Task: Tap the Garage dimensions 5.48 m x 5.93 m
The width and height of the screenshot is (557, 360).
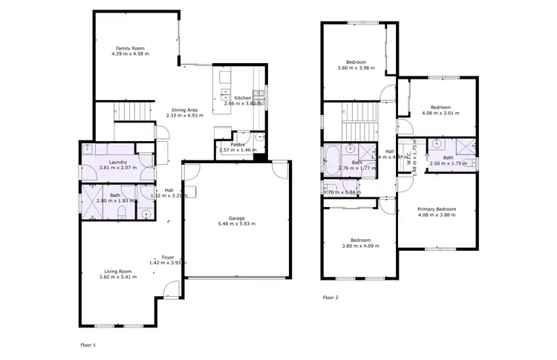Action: (x=236, y=223)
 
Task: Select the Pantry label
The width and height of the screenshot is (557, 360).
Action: (x=238, y=144)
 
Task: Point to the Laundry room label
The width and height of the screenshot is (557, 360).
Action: (x=119, y=163)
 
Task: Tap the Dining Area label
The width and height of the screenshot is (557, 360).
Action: (x=183, y=110)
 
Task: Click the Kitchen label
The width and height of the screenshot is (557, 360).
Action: (x=242, y=98)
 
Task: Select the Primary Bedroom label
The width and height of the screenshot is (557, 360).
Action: (x=436, y=209)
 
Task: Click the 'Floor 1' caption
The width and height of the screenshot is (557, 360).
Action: (x=88, y=345)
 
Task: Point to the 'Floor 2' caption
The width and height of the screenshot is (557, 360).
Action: (x=330, y=297)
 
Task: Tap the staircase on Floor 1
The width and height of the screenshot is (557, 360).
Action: (x=134, y=112)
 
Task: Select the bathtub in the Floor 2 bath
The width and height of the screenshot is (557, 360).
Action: (x=333, y=160)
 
